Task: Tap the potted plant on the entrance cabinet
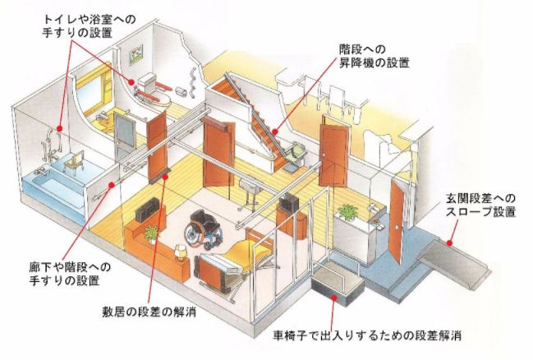tap(348, 213)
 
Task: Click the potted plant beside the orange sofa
tap(151, 234)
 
